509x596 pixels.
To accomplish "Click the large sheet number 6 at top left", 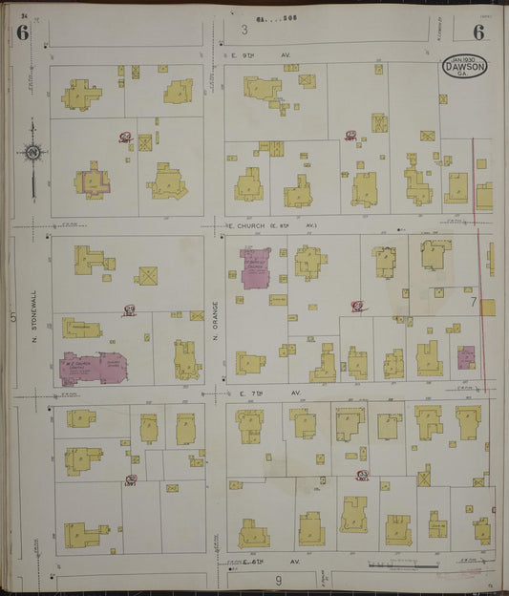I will [x=21, y=32].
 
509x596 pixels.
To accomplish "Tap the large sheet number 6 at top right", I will [x=478, y=32].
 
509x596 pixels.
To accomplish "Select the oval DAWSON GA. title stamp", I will [x=465, y=68].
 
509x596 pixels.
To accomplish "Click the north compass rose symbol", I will [x=32, y=152].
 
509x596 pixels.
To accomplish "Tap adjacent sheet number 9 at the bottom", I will [x=277, y=580].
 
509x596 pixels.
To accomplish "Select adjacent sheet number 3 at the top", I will [x=244, y=30].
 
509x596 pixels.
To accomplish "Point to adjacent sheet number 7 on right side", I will [x=473, y=302].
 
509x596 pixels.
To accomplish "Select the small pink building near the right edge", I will [x=466, y=357].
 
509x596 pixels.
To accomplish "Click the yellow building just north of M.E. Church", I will [x=80, y=329].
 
